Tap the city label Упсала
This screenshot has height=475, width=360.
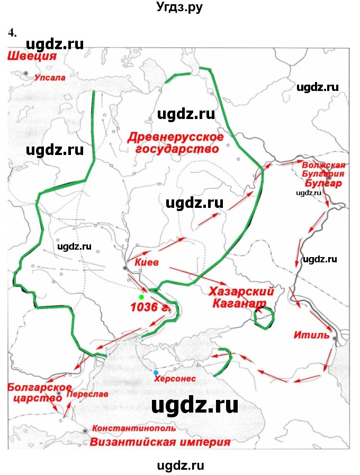tap(50, 77)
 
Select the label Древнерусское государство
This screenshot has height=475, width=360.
tap(176, 143)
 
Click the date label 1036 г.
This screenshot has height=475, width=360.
tap(150, 307)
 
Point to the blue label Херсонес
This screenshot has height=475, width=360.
tap(175, 379)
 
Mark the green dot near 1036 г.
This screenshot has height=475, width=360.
tap(141, 290)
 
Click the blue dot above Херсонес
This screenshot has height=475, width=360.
tap(155, 372)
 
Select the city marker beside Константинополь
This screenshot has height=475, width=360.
tap(85, 432)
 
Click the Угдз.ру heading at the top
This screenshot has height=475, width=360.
tap(179, 8)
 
